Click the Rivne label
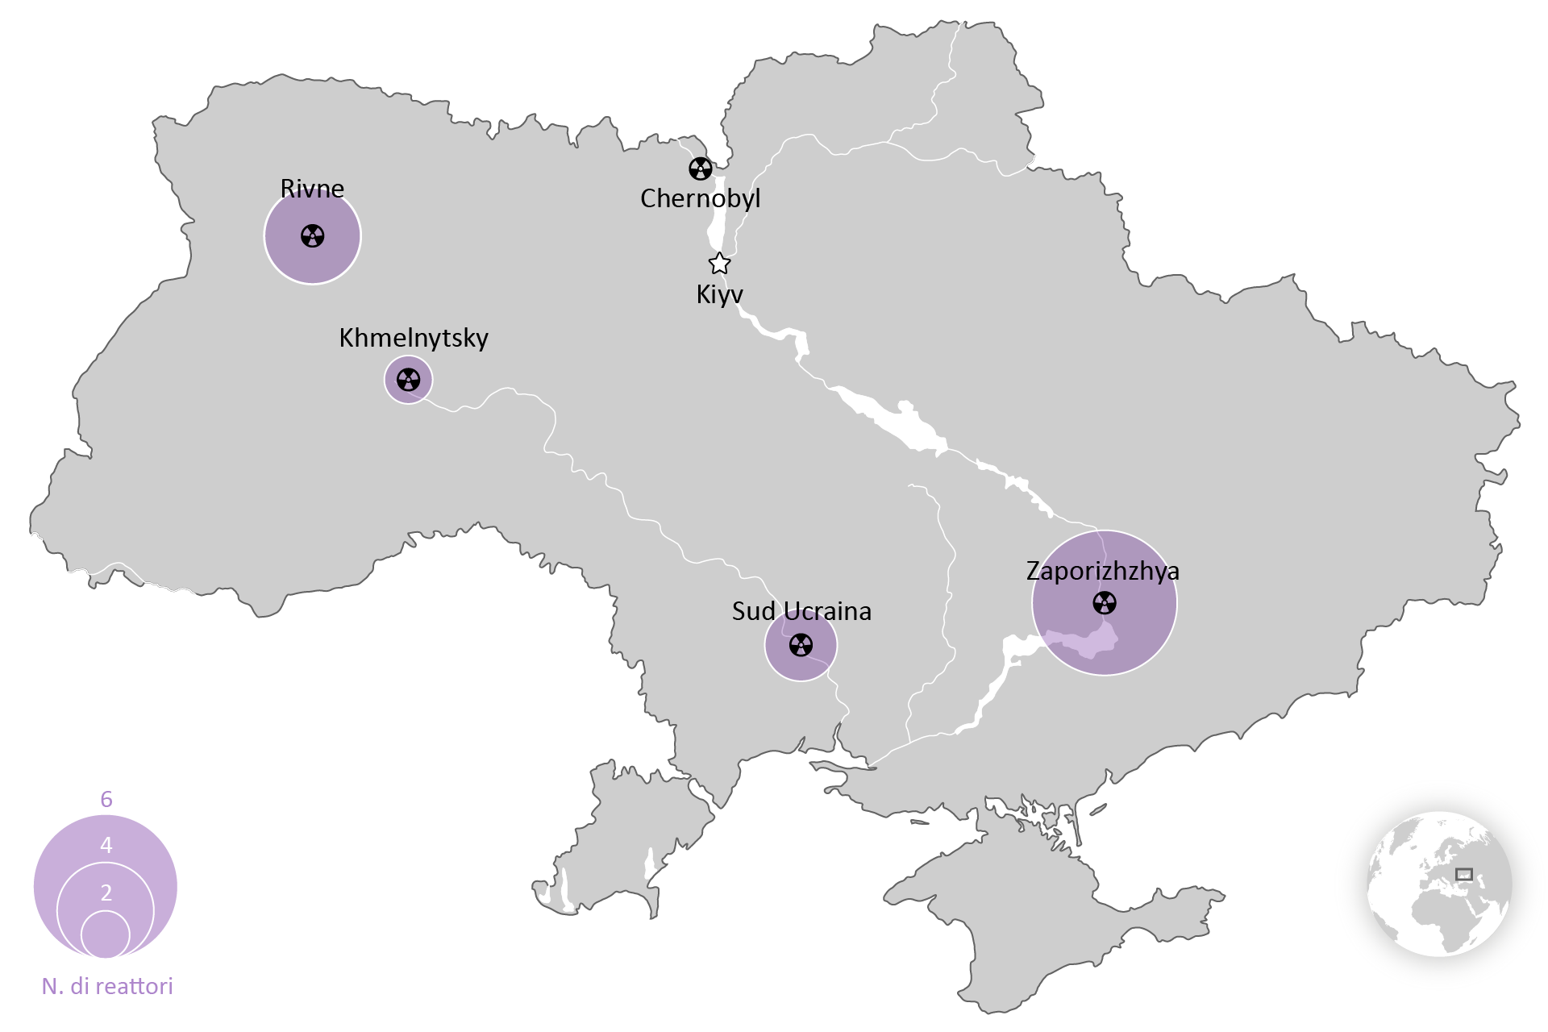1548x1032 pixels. click(x=312, y=189)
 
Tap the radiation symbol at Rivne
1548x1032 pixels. click(x=313, y=235)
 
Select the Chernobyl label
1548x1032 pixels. click(x=700, y=198)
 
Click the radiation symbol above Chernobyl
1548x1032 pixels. click(x=701, y=169)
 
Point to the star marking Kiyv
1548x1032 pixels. click(x=719, y=264)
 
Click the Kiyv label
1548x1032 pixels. click(x=719, y=294)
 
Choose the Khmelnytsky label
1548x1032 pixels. click(x=414, y=338)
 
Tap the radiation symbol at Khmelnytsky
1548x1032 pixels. click(x=409, y=379)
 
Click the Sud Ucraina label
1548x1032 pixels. click(x=801, y=611)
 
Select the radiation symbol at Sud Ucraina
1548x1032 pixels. click(x=801, y=645)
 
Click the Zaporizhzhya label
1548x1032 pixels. click(x=1102, y=571)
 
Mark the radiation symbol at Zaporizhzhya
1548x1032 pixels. click(x=1105, y=602)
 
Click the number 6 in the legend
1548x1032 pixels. click(x=106, y=799)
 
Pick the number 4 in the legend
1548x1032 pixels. click(x=106, y=845)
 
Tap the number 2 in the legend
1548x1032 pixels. click(x=106, y=893)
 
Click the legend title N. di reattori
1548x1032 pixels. click(x=107, y=986)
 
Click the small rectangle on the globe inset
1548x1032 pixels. click(x=1463, y=874)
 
